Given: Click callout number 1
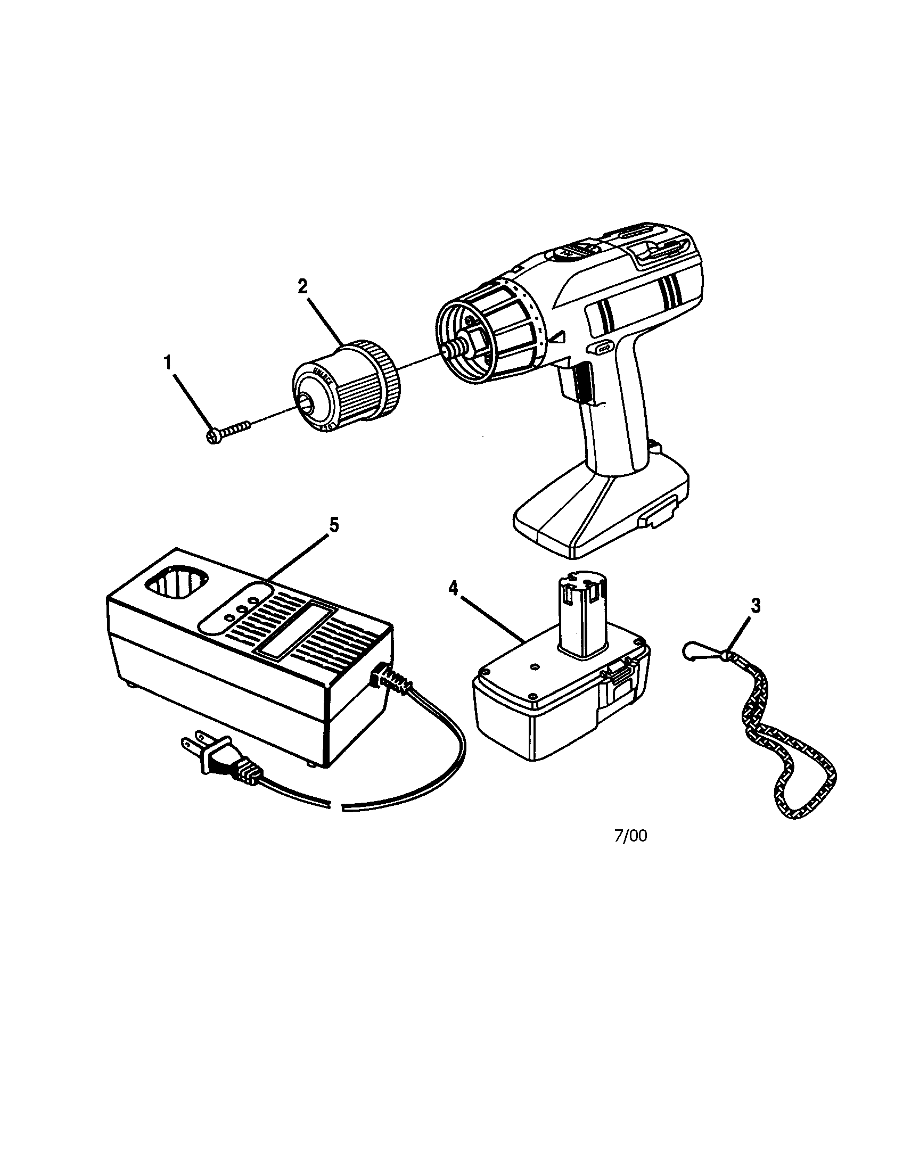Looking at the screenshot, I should pos(168,363).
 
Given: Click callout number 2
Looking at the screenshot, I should pos(303,287).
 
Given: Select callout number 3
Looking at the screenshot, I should pos(755,606).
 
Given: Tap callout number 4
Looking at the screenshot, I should pos(454,589).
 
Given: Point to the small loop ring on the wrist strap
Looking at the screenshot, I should pos(691,652).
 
